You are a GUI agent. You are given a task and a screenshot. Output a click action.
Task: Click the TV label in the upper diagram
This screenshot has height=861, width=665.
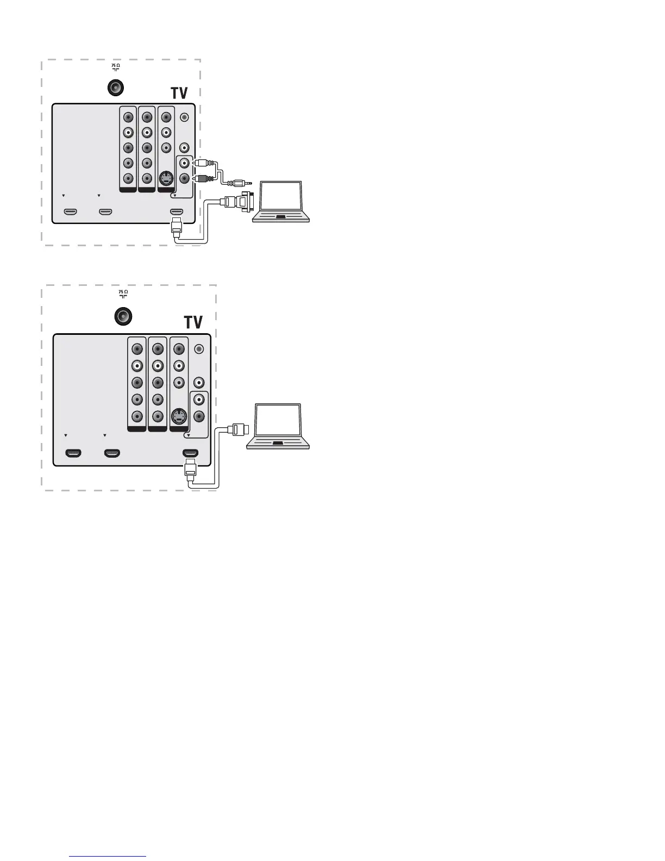(x=180, y=92)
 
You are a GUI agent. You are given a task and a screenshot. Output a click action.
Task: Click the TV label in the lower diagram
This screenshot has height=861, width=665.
(x=193, y=322)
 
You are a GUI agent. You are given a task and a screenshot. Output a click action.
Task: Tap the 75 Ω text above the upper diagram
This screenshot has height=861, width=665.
(x=116, y=66)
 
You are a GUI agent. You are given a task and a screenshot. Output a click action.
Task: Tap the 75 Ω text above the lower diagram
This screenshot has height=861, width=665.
(x=123, y=292)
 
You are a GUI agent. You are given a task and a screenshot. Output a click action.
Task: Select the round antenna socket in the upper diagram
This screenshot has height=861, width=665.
(x=115, y=88)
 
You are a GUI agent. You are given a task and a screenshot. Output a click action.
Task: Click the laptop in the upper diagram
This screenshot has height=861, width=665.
(x=282, y=202)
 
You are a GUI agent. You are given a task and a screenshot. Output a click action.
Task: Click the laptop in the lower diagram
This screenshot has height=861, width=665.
(x=278, y=426)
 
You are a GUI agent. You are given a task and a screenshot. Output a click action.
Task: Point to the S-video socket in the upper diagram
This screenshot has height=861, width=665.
(x=165, y=178)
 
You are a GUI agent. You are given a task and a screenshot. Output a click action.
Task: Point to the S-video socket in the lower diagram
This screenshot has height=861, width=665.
(x=178, y=417)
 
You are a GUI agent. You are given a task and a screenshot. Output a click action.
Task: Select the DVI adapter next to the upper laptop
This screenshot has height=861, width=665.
(x=245, y=201)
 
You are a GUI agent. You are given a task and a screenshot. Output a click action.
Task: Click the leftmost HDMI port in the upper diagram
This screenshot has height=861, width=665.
(x=70, y=211)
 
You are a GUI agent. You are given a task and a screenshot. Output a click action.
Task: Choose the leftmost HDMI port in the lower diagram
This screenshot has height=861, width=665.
(x=73, y=453)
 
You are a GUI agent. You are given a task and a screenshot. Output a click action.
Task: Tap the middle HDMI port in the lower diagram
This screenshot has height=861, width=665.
(x=112, y=453)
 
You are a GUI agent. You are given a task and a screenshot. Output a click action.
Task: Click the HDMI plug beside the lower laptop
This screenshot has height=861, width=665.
(x=240, y=430)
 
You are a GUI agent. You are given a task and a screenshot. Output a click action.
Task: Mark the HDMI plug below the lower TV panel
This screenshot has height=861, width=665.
(x=190, y=467)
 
